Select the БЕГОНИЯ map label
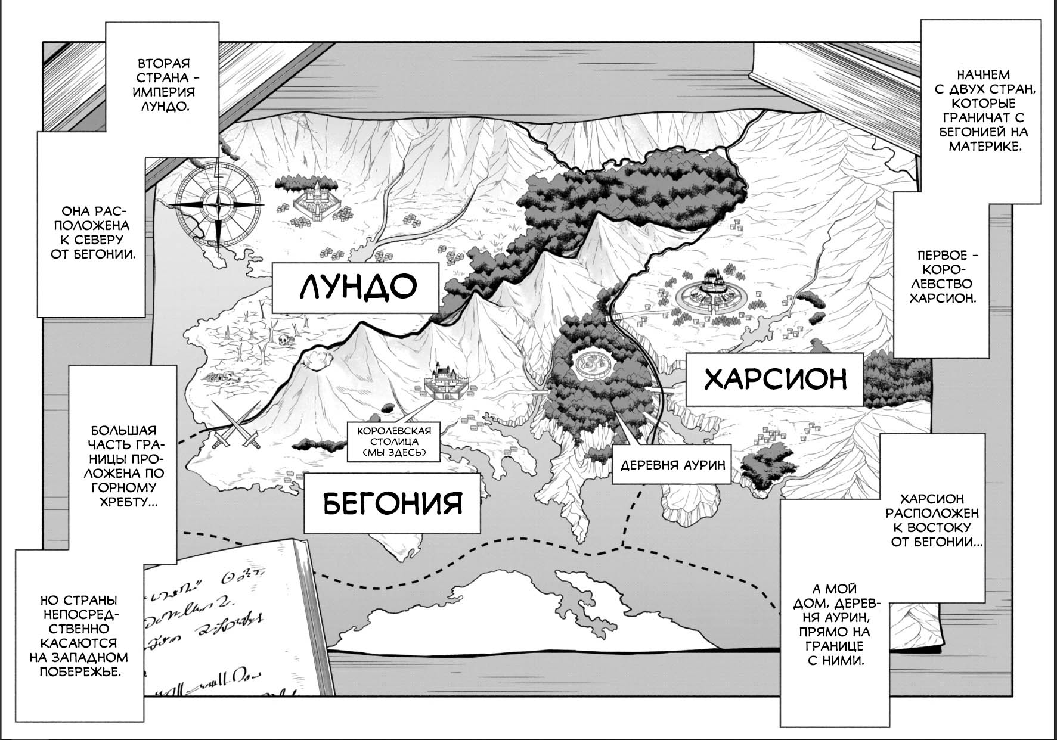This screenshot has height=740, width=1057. tap(392, 503)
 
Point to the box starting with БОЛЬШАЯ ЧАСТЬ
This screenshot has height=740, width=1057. tap(123, 465)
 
